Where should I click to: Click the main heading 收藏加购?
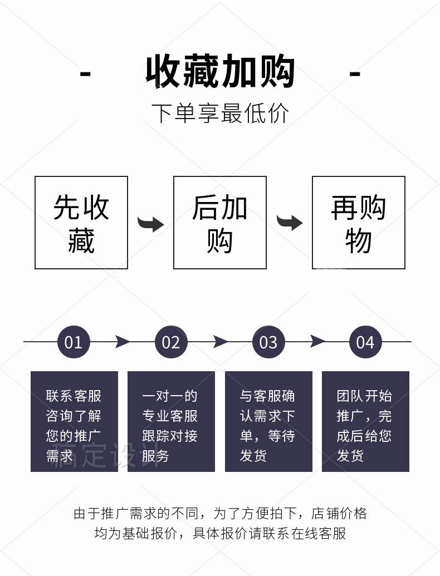pyautogui.click(x=220, y=73)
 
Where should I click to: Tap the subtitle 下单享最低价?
pyautogui.click(x=220, y=113)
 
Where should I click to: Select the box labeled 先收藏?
pyautogui.click(x=81, y=223)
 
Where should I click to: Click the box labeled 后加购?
pyautogui.click(x=220, y=223)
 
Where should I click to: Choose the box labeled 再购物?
pyautogui.click(x=358, y=223)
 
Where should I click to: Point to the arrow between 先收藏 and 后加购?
pyautogui.click(x=150, y=224)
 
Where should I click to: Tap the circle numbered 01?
pyautogui.click(x=74, y=342)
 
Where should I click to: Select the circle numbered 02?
pyautogui.click(x=171, y=342)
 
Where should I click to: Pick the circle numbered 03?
pyautogui.click(x=268, y=342)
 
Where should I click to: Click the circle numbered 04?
pyautogui.click(x=365, y=342)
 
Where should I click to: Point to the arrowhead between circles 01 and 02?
pyautogui.click(x=123, y=342)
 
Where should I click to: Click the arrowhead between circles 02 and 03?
pyautogui.click(x=220, y=342)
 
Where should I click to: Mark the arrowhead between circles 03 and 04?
pyautogui.click(x=317, y=342)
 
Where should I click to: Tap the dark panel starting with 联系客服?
pyautogui.click(x=74, y=421)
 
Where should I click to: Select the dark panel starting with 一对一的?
pyautogui.click(x=171, y=421)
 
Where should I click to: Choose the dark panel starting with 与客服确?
pyautogui.click(x=268, y=421)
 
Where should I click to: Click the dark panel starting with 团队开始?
pyautogui.click(x=365, y=421)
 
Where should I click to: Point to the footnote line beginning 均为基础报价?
pyautogui.click(x=220, y=534)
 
